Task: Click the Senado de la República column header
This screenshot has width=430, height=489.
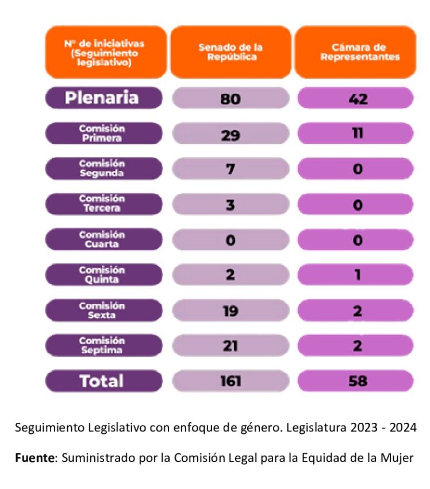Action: [x=231, y=52]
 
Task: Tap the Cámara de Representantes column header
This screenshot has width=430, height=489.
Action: [x=356, y=52]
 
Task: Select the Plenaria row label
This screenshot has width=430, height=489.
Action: [x=104, y=98]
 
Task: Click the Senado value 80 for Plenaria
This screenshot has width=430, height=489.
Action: [x=231, y=98]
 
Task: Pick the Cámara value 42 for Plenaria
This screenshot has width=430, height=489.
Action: [x=356, y=98]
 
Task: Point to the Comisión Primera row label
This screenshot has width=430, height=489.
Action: [x=104, y=133]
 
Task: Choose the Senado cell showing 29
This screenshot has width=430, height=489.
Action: [x=231, y=134]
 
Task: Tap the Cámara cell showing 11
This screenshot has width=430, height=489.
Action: [x=356, y=134]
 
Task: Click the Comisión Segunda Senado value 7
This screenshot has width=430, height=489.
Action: [x=231, y=169]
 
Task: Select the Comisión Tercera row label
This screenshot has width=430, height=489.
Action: [x=104, y=204]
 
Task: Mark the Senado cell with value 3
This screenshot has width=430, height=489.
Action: [x=231, y=204]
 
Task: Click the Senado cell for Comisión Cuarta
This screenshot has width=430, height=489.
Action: [x=231, y=240]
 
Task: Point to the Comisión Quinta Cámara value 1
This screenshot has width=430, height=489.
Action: [x=356, y=275]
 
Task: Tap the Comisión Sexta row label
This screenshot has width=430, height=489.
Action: [x=104, y=311]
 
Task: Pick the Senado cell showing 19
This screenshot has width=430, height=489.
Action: [x=231, y=311]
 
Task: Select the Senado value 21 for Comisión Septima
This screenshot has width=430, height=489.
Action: [x=231, y=346]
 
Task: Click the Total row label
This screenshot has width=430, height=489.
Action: [x=104, y=381]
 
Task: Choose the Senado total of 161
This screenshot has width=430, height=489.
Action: [x=231, y=381]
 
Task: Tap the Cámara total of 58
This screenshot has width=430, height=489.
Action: [x=356, y=381]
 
